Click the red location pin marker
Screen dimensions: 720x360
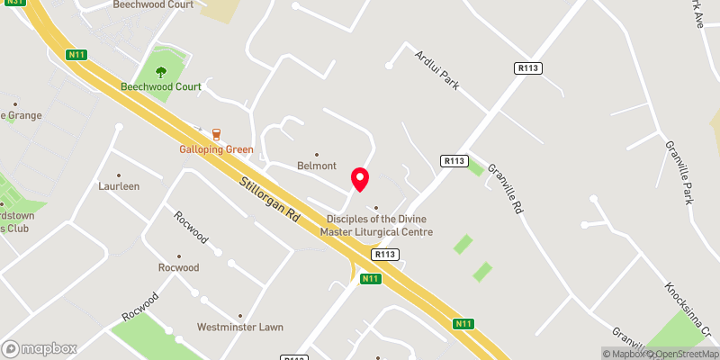click(x=360, y=179)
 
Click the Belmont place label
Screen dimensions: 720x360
click(x=317, y=166)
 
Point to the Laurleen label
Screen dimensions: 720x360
click(x=119, y=186)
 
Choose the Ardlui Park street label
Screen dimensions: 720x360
click(x=436, y=69)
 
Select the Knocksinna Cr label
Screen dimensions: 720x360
click(x=688, y=307)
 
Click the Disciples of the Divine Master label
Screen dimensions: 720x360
click(x=379, y=225)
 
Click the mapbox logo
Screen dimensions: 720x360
click(x=40, y=348)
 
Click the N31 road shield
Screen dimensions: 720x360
click(x=11, y=4)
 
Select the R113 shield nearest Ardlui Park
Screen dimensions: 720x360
click(x=526, y=68)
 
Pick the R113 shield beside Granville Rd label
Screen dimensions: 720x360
click(x=454, y=160)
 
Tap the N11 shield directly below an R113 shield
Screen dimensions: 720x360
click(x=369, y=279)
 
